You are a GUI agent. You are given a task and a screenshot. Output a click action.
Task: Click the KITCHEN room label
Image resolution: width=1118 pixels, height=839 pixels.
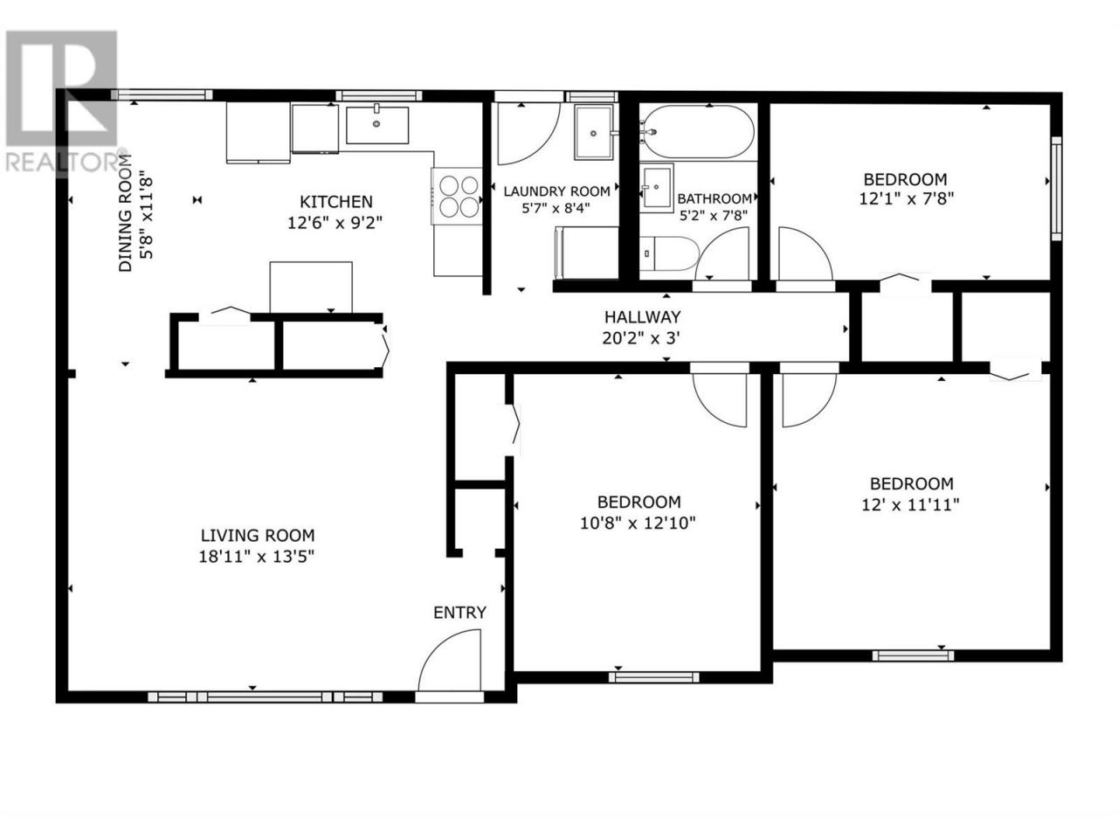click(x=335, y=202)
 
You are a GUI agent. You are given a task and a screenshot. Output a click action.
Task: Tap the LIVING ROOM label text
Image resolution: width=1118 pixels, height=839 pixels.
click(x=258, y=536)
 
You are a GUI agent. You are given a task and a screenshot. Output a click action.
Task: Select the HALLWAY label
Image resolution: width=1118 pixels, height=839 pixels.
click(x=642, y=317)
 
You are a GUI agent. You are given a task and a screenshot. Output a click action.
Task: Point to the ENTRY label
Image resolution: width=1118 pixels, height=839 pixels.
click(x=459, y=613)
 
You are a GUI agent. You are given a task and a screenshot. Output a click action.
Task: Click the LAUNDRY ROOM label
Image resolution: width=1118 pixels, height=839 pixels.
click(x=556, y=191)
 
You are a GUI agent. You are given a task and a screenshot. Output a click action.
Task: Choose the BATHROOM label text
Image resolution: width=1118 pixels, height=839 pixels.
click(x=714, y=198)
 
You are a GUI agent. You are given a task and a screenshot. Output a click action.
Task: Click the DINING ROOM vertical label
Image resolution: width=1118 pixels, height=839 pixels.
click(x=125, y=219)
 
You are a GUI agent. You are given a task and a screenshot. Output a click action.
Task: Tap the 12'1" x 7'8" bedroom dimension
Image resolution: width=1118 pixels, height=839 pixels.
click(x=906, y=198)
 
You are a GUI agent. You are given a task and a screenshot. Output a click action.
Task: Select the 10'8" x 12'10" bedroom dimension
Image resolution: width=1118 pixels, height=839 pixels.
click(x=638, y=523)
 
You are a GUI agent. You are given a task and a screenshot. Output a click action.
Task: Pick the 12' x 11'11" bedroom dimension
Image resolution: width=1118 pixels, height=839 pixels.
click(x=910, y=505)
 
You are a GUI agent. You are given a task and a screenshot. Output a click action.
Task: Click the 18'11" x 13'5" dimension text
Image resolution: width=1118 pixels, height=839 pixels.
click(x=256, y=557)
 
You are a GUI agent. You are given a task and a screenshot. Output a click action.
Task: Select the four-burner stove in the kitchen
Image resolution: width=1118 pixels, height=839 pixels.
click(x=457, y=196)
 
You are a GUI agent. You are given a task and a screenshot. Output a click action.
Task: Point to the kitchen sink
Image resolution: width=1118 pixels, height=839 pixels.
click(x=377, y=125)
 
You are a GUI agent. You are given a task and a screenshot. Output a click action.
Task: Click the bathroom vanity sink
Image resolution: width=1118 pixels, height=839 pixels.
click(x=657, y=186)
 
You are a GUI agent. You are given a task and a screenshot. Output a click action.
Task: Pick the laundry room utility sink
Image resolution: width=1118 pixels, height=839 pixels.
click(x=593, y=133)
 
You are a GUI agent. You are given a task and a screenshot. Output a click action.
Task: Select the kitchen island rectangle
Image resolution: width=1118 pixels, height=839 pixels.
click(x=311, y=288)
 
